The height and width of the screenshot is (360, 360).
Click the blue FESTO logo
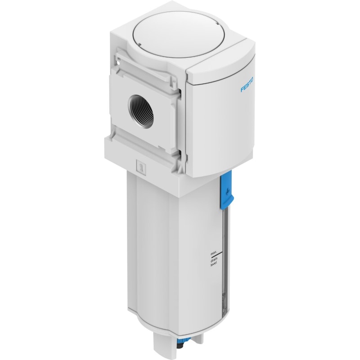click(247, 85)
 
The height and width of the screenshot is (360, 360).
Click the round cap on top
click(175, 33)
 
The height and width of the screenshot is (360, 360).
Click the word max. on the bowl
click(214, 254)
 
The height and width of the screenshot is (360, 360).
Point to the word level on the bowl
click(213, 265)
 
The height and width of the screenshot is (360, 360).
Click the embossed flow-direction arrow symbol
click(140, 166)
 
